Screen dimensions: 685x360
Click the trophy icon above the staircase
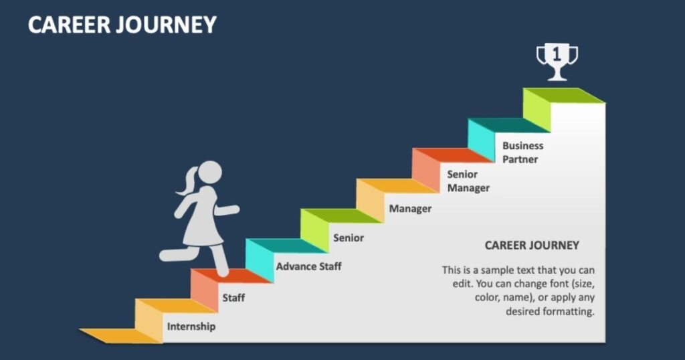557,62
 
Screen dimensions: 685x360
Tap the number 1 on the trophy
557,54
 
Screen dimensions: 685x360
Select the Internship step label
191,327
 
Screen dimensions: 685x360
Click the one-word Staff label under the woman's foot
233,298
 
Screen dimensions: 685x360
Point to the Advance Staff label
308,266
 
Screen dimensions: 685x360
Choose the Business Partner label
523,153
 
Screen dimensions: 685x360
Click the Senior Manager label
468,181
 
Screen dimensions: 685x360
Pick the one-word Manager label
410,209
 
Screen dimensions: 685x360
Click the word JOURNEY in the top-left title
167,25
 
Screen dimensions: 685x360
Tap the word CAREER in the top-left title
70,25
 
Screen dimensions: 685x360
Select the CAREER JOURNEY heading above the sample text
532,245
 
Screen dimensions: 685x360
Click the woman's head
210,172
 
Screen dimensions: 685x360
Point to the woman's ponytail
187,181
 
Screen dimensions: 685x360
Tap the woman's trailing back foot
168,255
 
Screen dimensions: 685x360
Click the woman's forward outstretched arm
227,210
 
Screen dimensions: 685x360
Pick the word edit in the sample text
462,284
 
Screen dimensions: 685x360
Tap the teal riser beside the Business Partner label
482,141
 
